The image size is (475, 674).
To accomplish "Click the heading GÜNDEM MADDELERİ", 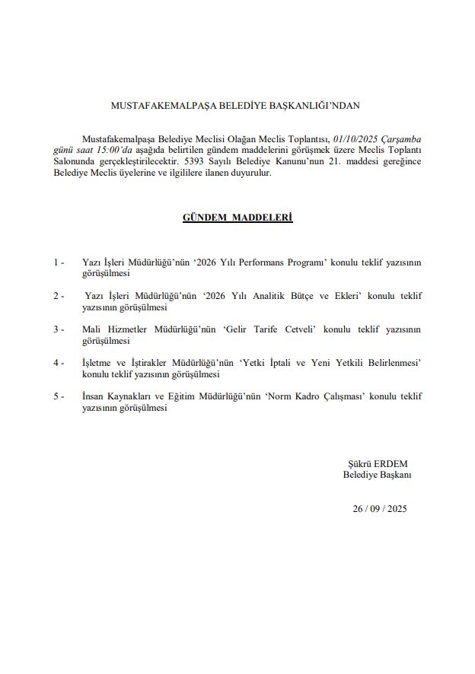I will point(237,218).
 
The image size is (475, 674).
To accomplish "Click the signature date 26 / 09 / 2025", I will point(380,509).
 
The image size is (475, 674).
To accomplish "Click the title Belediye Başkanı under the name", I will point(377,475).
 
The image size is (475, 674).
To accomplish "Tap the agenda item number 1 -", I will point(59,262).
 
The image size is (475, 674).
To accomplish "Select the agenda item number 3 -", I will point(59,329).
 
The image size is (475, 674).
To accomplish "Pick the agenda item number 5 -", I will point(59,396).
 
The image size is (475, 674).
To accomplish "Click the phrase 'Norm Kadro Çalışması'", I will point(314,396).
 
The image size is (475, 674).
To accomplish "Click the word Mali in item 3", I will point(92,329).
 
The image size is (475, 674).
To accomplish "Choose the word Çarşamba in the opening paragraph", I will point(402,138).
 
